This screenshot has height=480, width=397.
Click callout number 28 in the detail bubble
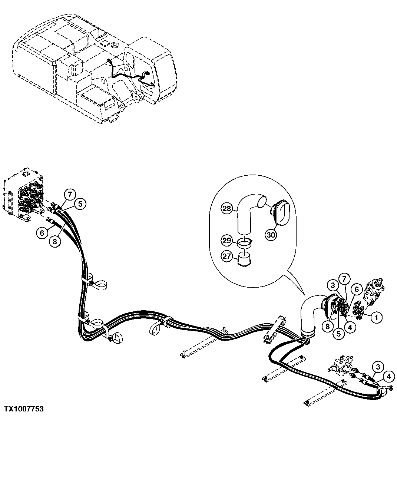pyautogui.click(x=227, y=208)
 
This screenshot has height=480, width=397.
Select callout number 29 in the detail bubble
pyautogui.click(x=227, y=240)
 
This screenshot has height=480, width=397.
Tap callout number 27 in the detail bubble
pyautogui.click(x=227, y=255)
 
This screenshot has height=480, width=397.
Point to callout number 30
pyautogui.click(x=271, y=235)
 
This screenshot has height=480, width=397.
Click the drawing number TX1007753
pyautogui.click(x=24, y=409)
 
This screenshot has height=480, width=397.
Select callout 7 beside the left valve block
pyautogui.click(x=69, y=194)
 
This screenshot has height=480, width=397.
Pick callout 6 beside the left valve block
pyautogui.click(x=42, y=232)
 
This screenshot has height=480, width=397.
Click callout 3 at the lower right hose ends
pyautogui.click(x=377, y=367)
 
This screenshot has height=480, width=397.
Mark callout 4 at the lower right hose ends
pyautogui.click(x=388, y=377)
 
